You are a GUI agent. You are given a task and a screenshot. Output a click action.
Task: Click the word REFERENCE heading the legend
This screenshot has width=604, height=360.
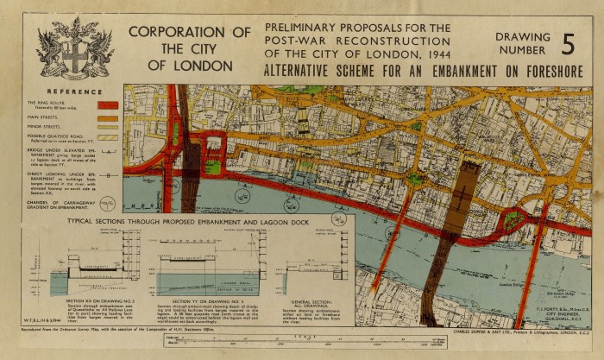(x=72, y=90)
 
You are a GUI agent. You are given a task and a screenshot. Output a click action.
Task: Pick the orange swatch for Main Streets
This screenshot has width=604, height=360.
(x=108, y=116)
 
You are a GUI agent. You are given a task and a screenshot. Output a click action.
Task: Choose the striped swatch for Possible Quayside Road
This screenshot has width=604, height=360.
(x=108, y=136)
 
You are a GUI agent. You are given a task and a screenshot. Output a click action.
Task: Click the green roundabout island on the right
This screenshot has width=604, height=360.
(x=515, y=219)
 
